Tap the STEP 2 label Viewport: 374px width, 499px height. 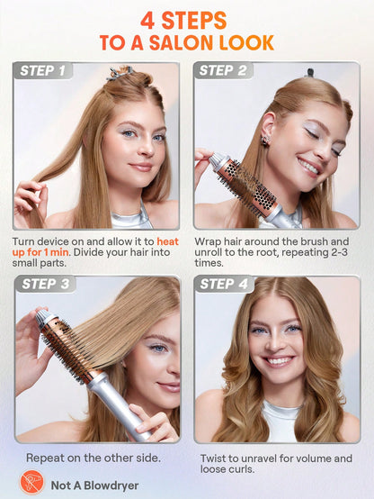point(228,70)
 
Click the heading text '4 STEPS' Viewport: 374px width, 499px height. point(187,20)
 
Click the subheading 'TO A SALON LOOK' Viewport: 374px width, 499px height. point(187,42)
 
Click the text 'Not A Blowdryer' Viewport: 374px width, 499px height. point(94,484)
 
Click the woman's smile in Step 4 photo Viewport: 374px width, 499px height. point(278,360)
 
